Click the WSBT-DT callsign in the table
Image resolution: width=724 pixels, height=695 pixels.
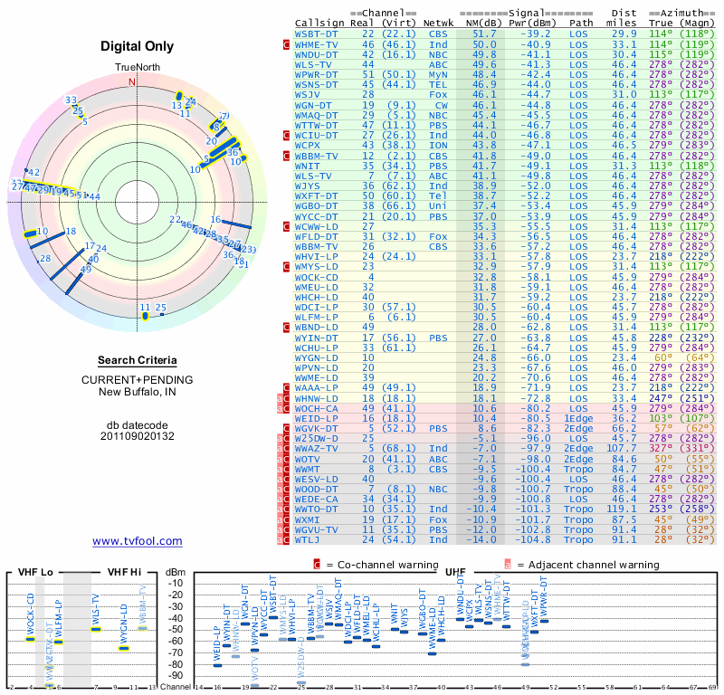(x=316, y=33)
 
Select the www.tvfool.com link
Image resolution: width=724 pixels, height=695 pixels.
(x=138, y=541)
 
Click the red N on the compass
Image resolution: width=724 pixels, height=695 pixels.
(x=132, y=82)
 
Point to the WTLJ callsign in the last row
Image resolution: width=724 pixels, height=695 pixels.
(x=310, y=539)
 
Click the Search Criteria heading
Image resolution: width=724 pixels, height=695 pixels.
(x=138, y=360)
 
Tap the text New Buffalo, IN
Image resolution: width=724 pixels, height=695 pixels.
(x=138, y=391)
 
